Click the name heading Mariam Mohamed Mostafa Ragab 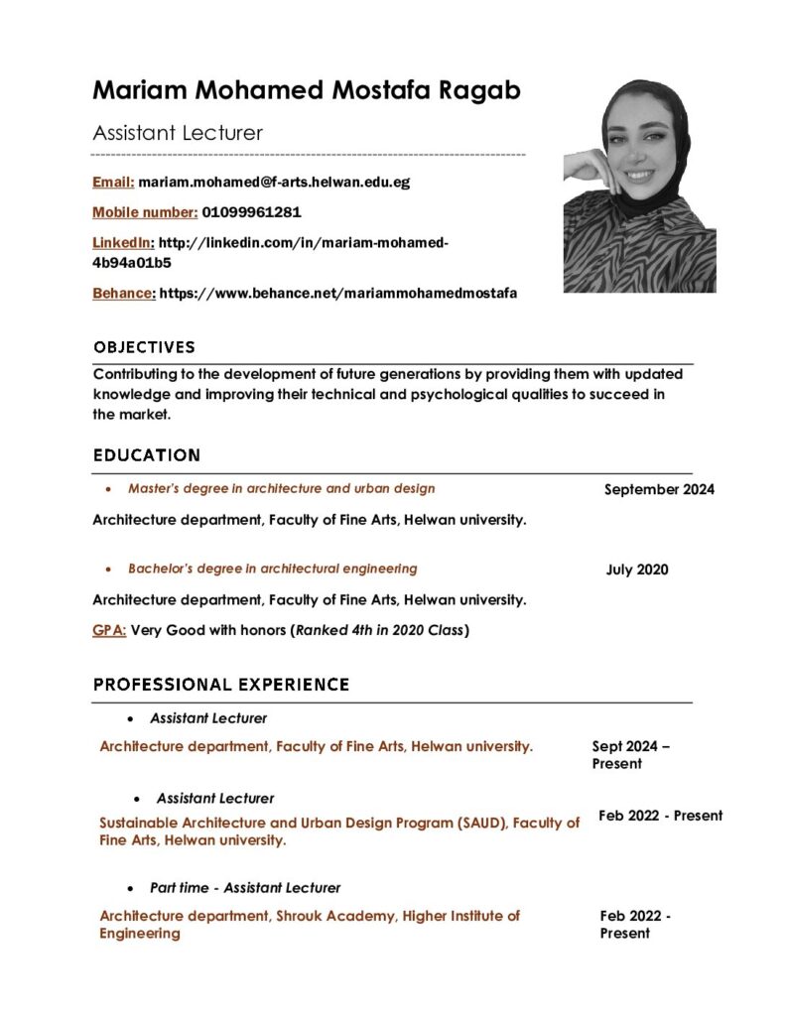(307, 91)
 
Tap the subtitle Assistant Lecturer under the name (178, 133)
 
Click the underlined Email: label (113, 183)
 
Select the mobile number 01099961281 (251, 212)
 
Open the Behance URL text (338, 294)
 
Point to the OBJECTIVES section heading (144, 347)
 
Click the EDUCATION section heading (146, 455)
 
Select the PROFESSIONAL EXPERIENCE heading (220, 685)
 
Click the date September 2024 (659, 489)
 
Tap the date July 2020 (637, 570)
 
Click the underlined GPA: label (109, 630)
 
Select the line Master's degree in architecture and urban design (281, 488)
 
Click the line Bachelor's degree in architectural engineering (272, 569)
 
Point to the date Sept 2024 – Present (630, 755)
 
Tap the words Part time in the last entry (179, 888)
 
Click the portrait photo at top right (639, 186)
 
